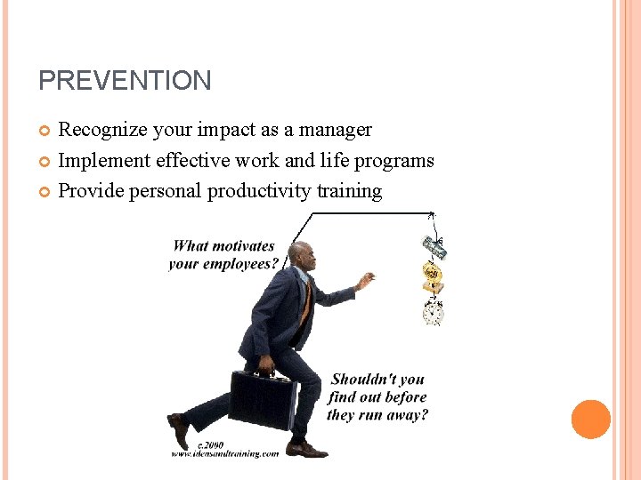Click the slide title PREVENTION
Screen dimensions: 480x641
click(125, 81)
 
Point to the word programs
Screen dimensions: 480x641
click(394, 161)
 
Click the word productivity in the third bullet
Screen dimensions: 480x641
click(261, 191)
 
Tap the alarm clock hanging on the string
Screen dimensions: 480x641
click(434, 313)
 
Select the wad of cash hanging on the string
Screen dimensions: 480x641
click(434, 247)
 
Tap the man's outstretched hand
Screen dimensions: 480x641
click(363, 283)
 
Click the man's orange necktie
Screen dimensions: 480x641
click(305, 302)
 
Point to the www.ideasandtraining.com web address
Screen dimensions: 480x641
click(224, 453)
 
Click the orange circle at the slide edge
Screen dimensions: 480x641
click(591, 419)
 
